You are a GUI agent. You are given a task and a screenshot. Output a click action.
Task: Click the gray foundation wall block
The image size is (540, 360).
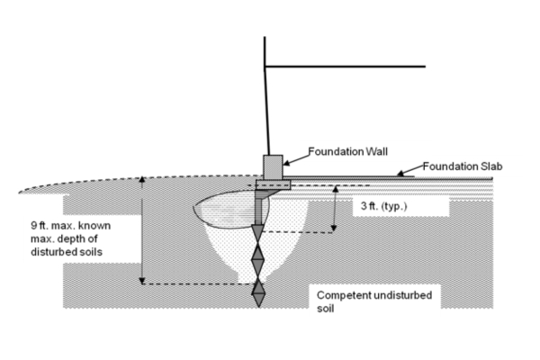[272, 166]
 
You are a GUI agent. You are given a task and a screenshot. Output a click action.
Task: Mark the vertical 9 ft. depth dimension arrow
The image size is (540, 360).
[141, 230]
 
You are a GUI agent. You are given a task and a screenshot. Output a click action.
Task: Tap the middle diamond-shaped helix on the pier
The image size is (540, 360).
[259, 262]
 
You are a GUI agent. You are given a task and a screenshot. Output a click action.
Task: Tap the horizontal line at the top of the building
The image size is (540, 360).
[346, 66]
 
